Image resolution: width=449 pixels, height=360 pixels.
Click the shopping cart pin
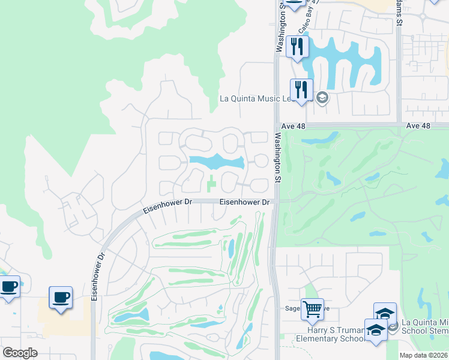(x=312, y=310)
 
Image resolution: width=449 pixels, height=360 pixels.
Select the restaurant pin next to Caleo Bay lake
(x=297, y=46)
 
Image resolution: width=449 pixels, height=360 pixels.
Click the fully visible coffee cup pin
(x=61, y=298)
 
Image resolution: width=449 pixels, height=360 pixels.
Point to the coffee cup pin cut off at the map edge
(x=8, y=286)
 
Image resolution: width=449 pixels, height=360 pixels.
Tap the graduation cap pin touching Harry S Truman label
(x=376, y=331)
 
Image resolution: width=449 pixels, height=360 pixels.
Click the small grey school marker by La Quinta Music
(x=322, y=98)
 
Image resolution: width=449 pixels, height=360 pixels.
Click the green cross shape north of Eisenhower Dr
(x=211, y=185)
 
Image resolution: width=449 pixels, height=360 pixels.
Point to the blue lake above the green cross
(x=216, y=161)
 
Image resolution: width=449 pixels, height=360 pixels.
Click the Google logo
(x=20, y=353)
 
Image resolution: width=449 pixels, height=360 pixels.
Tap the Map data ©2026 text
(x=424, y=355)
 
